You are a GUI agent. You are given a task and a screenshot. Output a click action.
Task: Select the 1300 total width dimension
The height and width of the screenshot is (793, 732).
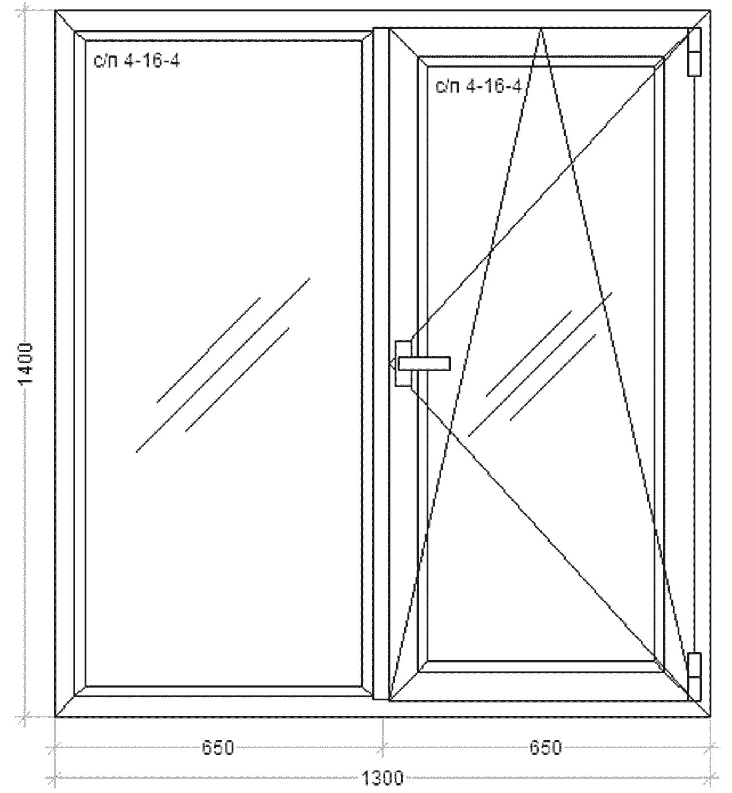pyautogui.click(x=382, y=778)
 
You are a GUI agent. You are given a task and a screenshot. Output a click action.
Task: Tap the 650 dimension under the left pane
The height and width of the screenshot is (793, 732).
pyautogui.click(x=218, y=747)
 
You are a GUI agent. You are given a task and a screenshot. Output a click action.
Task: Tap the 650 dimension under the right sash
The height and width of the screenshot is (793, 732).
pyautogui.click(x=546, y=747)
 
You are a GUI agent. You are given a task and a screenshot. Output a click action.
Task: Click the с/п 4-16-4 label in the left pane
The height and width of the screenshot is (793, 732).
pyautogui.click(x=137, y=61)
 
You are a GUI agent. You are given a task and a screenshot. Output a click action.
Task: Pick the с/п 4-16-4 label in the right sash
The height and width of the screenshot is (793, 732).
pyautogui.click(x=478, y=86)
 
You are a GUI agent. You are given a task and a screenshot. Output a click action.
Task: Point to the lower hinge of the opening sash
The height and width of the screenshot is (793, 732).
pyautogui.click(x=694, y=675)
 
